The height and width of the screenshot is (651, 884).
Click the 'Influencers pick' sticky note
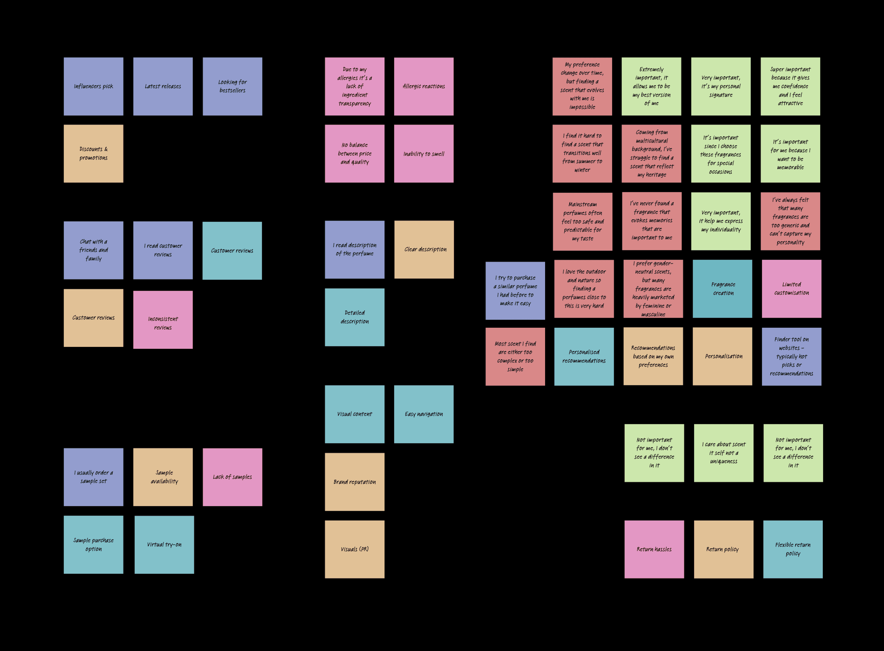(93, 86)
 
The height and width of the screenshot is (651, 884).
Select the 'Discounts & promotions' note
(93, 154)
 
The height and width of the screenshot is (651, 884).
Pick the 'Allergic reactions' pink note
(424, 86)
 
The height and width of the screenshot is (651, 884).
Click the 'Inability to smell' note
(424, 154)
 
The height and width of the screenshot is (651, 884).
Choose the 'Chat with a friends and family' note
(93, 250)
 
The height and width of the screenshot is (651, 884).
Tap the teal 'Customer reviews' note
(232, 251)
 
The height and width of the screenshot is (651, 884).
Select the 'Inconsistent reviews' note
(163, 320)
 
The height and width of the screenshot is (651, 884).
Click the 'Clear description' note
(424, 250)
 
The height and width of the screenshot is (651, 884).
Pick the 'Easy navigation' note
(424, 414)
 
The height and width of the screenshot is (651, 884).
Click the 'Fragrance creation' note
(722, 289)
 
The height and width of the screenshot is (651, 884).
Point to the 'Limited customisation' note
(791, 289)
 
